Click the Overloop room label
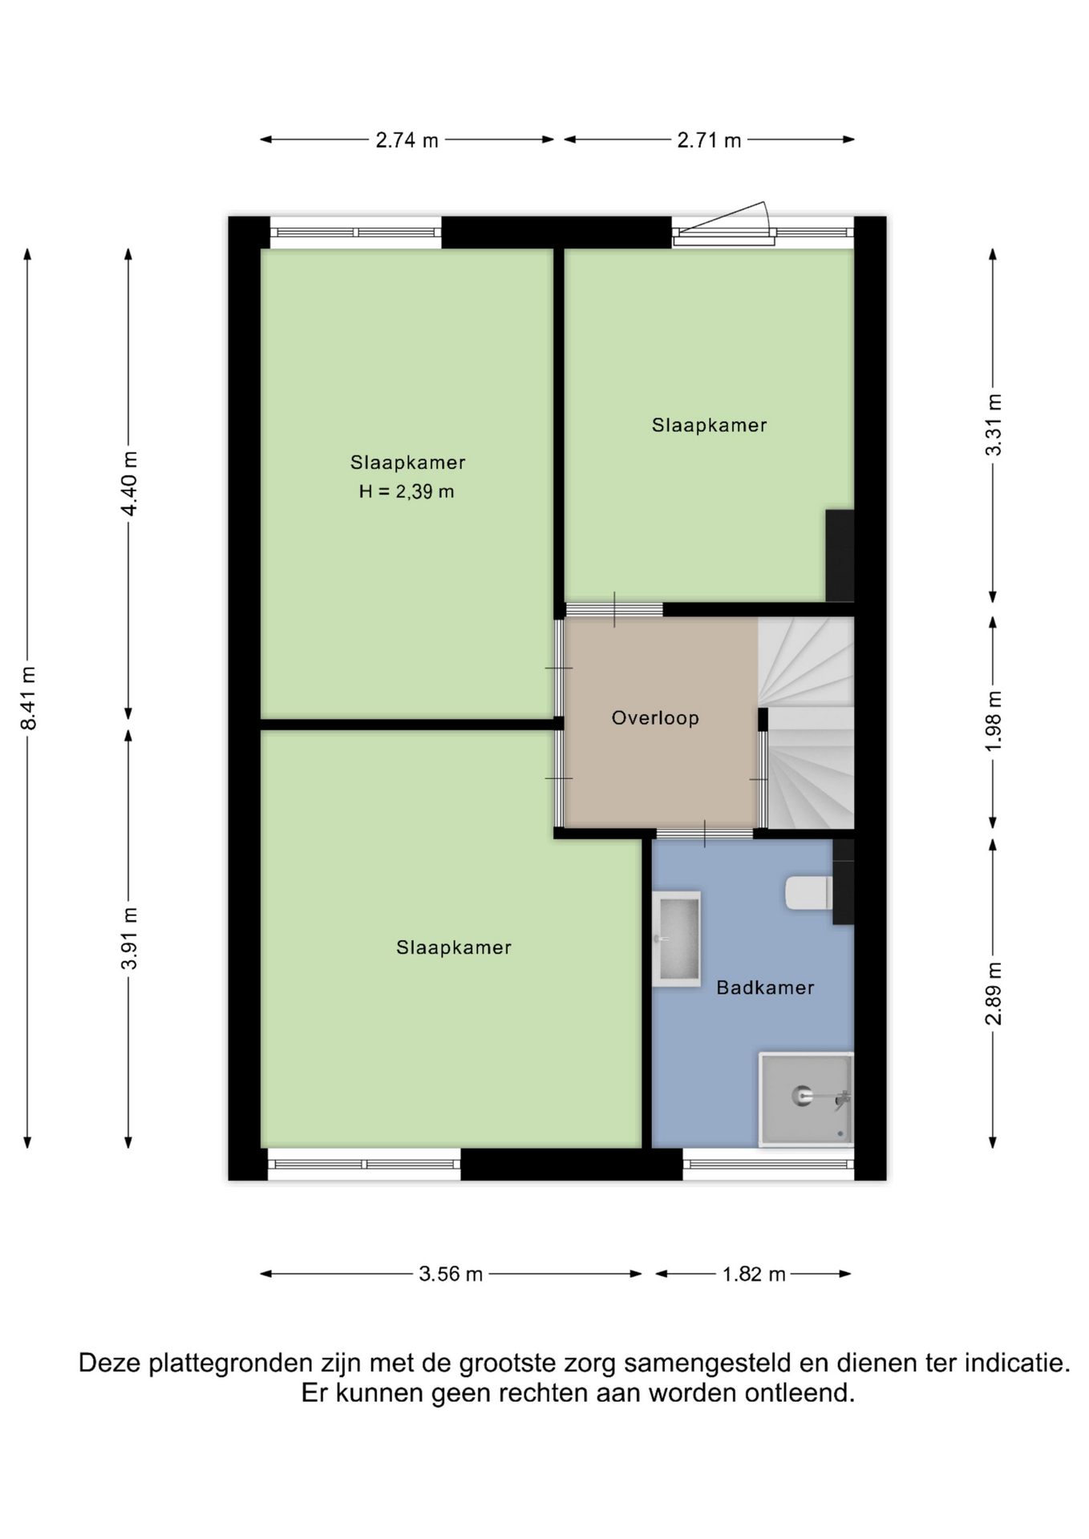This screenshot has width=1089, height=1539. coord(655,717)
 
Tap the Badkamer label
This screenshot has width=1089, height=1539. coord(765,988)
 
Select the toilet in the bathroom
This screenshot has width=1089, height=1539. coord(808,893)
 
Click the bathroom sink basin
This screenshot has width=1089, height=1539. coord(677,938)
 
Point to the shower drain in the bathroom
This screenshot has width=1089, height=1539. coord(802,1095)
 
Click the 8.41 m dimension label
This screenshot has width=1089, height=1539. coord(29,697)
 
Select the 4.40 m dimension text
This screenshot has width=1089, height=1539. coord(129,483)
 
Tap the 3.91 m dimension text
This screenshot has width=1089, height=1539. coord(129,938)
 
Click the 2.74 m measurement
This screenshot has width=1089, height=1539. coord(407,140)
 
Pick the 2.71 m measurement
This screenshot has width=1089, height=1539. coord(709,140)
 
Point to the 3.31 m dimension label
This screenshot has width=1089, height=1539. coord(994,425)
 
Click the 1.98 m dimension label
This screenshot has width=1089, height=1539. coord(994,721)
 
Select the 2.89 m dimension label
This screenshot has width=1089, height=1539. coord(994,993)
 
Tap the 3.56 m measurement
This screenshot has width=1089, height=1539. coord(451,1274)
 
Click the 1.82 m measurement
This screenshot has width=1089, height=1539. coord(754,1274)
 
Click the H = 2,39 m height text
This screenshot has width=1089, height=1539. coord(407,491)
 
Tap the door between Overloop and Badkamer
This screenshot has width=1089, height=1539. coord(705,834)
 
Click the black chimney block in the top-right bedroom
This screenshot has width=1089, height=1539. coord(840,555)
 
